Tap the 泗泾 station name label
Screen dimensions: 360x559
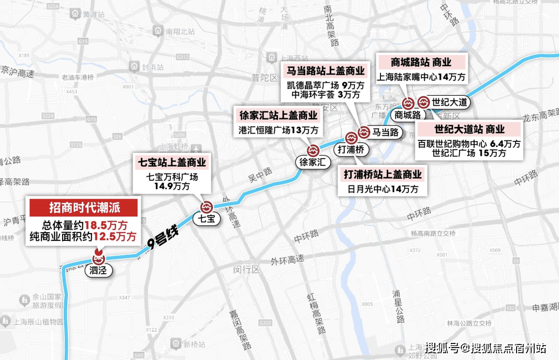pos(98,270)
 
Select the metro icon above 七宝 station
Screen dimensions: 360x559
pos(207,207)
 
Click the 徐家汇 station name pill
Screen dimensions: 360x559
pos(314,162)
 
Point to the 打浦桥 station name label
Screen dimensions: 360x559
pos(351,150)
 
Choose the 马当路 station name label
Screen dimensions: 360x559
pos(386,132)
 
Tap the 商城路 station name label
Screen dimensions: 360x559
pos(407,114)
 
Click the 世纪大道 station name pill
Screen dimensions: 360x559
pos(450,102)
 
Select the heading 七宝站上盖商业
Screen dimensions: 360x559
pos(172,163)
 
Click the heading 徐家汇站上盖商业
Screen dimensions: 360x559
pos(278,115)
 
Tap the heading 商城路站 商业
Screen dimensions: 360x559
pos(422,63)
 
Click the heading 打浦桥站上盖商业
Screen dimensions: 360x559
pos(383,175)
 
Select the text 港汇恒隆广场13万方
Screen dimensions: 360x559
pos(278,130)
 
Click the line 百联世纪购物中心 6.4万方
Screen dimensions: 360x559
pos(469,143)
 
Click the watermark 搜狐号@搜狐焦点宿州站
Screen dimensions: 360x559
pos(486,347)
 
